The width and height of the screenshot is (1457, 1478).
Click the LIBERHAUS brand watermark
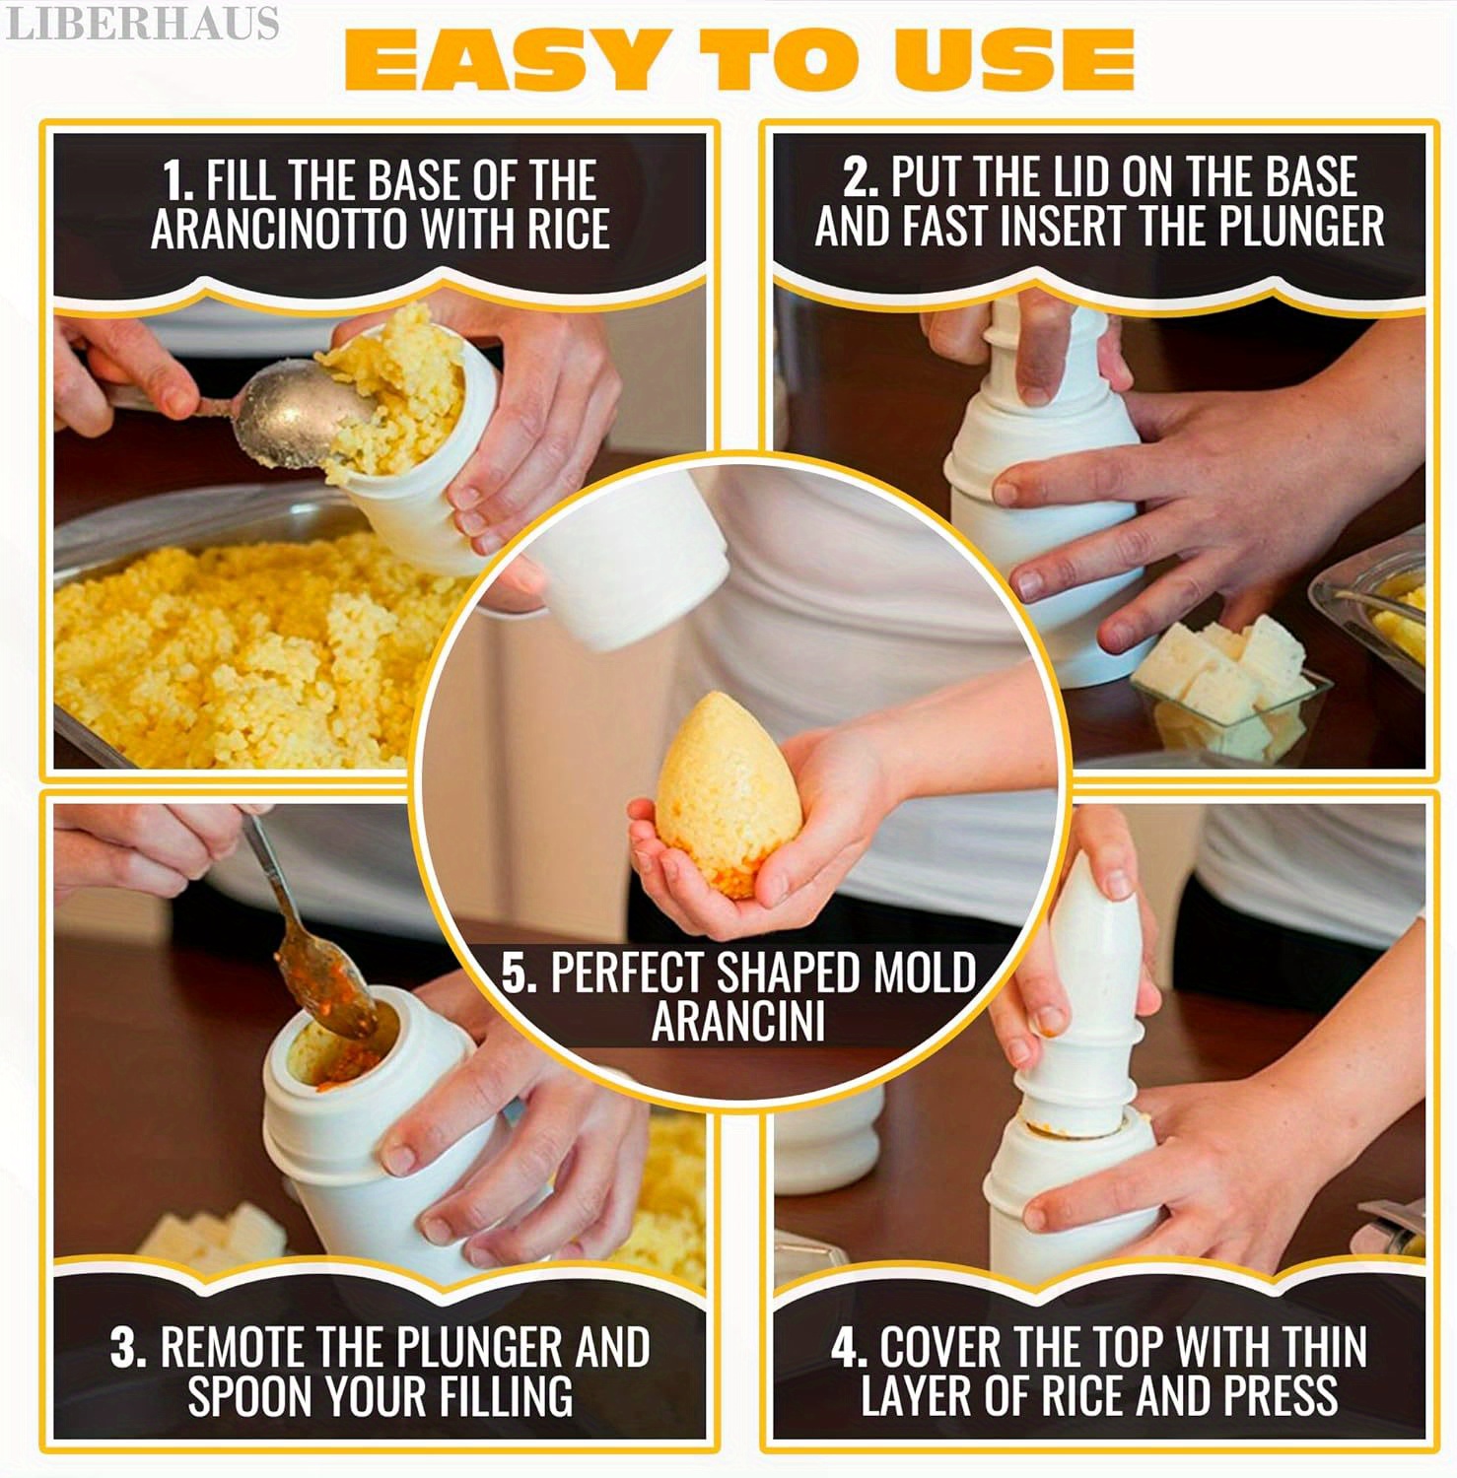pos(142,24)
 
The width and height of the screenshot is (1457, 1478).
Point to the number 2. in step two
pos(861,177)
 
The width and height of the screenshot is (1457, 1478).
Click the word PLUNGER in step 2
pos(1301,226)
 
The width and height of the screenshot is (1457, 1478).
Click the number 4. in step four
pos(849,1347)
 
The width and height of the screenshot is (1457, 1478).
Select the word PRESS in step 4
pos(1281,1394)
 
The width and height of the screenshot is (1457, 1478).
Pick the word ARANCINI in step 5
pos(737,1021)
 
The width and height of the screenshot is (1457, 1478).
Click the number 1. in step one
pos(176,181)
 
